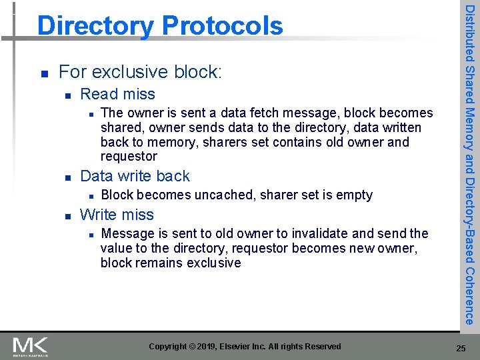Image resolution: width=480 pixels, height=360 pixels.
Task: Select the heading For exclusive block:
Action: point(140,71)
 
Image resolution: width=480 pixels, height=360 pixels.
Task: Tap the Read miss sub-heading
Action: point(117,94)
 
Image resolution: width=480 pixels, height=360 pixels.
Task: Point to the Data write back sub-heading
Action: point(135,176)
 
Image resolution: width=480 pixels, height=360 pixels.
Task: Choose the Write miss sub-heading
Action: point(117,215)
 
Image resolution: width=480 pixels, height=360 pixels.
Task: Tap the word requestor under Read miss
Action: point(129,157)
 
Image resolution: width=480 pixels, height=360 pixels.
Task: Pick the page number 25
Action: point(461,348)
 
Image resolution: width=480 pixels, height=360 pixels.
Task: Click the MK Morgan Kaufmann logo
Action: point(31,346)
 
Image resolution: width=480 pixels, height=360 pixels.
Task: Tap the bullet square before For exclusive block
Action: point(43,72)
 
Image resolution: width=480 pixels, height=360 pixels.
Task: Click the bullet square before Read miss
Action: point(65,95)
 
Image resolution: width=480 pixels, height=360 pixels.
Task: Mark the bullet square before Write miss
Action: point(65,215)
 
